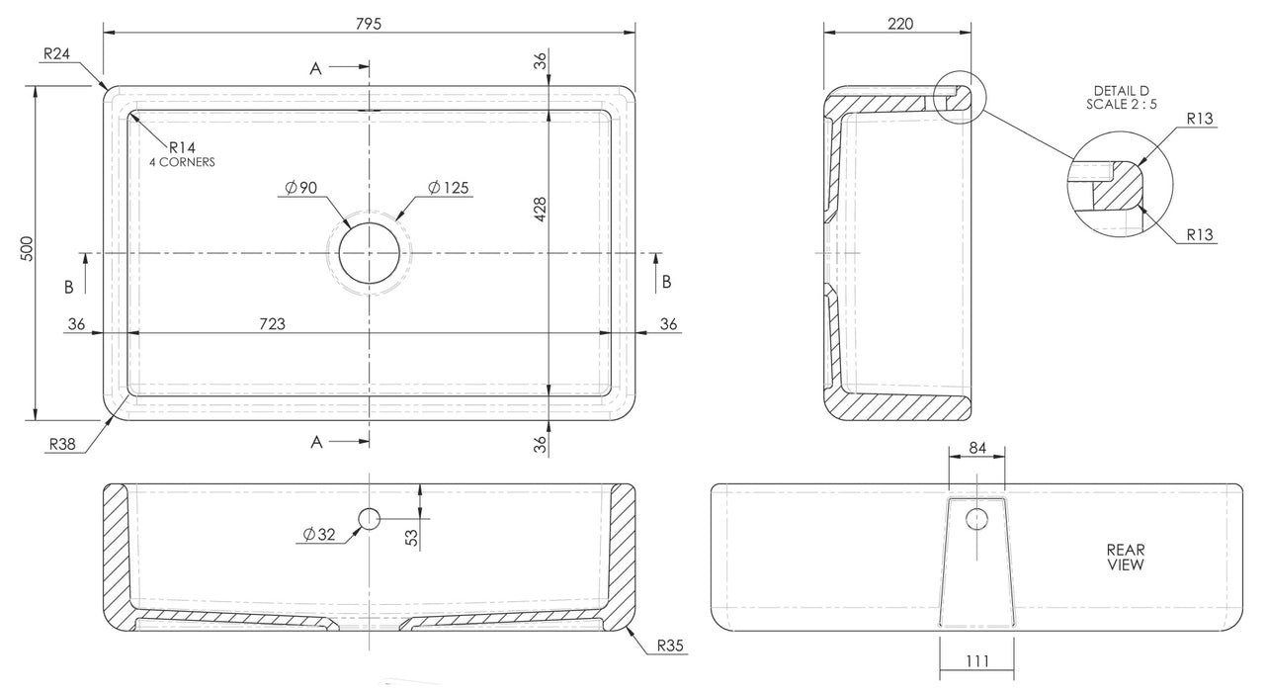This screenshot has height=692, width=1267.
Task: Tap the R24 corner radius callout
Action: coord(55,55)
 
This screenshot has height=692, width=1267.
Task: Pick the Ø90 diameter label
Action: coord(300,188)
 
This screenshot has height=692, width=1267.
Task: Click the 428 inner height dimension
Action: coord(540,211)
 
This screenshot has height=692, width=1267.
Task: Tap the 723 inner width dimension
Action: coord(273,324)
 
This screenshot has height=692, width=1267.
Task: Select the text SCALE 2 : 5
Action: coord(1121,104)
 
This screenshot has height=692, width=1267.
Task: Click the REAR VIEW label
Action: coord(1125,558)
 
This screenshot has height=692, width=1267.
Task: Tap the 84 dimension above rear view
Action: coord(977,448)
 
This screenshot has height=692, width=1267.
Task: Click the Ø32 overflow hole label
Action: coord(320,535)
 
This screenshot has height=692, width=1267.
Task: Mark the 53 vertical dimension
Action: coord(412,537)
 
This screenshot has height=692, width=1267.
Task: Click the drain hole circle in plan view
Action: coord(370,253)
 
